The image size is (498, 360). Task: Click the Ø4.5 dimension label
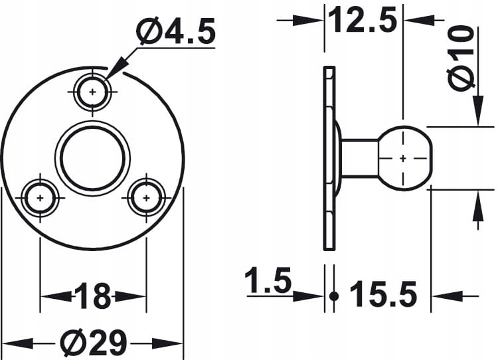(176, 30)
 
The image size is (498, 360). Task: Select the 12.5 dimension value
(363, 20)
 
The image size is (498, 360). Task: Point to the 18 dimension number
(93, 296)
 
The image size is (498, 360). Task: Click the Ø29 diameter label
(94, 343)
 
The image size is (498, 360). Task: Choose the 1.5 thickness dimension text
(268, 280)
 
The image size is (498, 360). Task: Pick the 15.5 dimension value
(383, 294)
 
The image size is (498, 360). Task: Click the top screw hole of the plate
(92, 92)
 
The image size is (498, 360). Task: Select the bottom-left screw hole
(40, 199)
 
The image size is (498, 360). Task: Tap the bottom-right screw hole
(146, 199)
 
